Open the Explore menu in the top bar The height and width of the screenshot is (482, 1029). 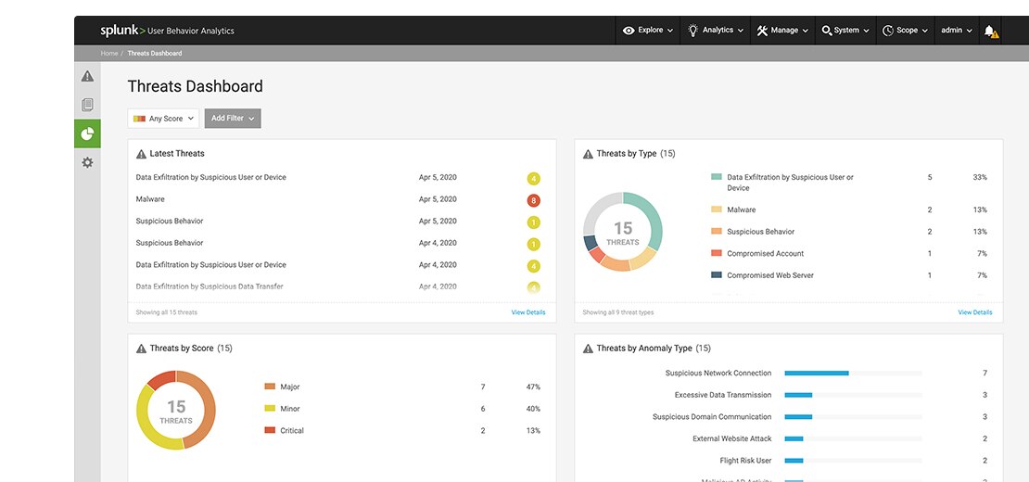pos(648,31)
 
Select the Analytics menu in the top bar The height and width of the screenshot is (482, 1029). pos(716,31)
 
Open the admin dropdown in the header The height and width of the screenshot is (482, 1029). pos(957,31)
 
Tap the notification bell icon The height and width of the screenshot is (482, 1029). pos(990,31)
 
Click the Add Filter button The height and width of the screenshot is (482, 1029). pos(232,119)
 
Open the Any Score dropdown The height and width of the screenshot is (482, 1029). pos(163,119)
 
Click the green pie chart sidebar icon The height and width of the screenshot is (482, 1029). pos(87,133)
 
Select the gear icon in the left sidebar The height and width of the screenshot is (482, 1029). pos(87,162)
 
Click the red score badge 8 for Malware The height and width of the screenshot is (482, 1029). pos(533,200)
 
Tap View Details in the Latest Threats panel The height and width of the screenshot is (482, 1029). pos(528,312)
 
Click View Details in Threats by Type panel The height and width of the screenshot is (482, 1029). pos(974,312)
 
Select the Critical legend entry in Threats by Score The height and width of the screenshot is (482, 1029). pos(291,430)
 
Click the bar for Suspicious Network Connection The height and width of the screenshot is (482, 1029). pos(817,374)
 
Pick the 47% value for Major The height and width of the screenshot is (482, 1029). pos(533,387)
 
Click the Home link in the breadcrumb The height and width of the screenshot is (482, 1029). pos(109,54)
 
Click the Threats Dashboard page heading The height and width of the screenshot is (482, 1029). pos(195,86)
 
